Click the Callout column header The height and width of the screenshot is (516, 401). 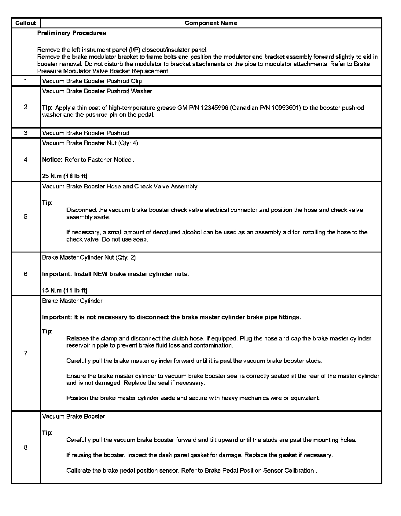(x=26, y=23)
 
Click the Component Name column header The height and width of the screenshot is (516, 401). (x=211, y=23)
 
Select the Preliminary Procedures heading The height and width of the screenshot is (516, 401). (x=72, y=33)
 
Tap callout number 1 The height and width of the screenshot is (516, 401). (x=26, y=81)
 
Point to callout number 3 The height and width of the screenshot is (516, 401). (x=26, y=133)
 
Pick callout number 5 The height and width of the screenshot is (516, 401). (x=26, y=217)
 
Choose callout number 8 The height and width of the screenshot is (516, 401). (x=26, y=448)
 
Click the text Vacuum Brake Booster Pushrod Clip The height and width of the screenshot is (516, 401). (x=92, y=81)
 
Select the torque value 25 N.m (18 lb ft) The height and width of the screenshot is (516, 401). (x=65, y=176)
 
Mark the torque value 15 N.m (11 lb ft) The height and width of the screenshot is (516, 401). (x=64, y=290)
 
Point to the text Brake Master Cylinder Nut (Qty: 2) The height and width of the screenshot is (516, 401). (x=89, y=257)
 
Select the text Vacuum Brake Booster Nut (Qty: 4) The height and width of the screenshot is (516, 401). (x=90, y=143)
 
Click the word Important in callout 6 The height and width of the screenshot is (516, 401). (x=57, y=274)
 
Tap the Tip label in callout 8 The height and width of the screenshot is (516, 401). (x=47, y=433)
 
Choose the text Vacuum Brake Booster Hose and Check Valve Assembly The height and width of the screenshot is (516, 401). (x=120, y=187)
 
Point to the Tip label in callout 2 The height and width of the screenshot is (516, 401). (x=47, y=108)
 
